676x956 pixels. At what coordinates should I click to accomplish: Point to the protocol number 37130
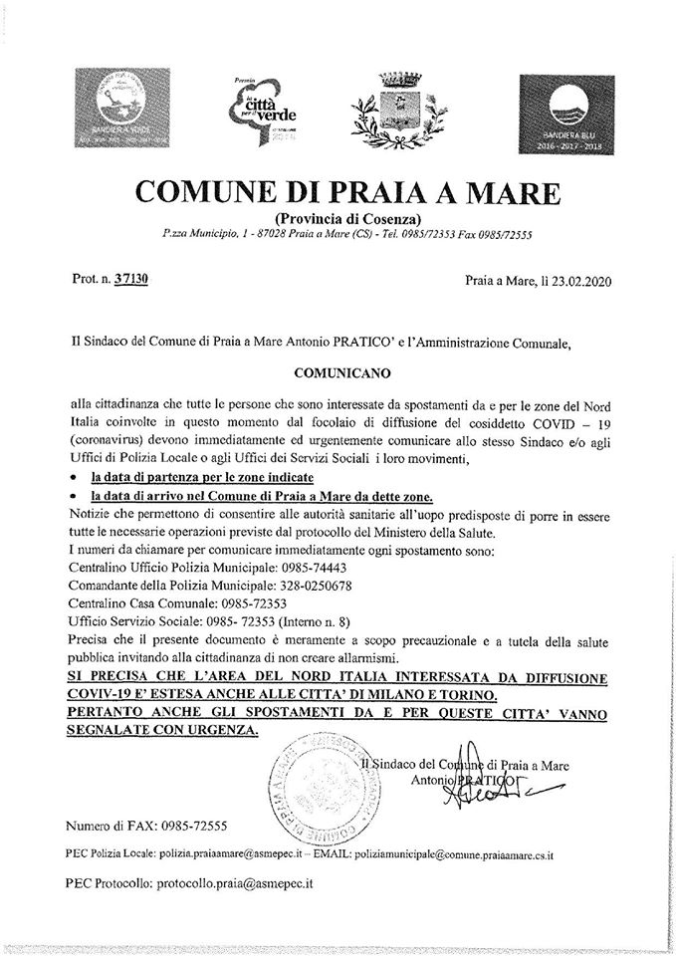tap(130, 281)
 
